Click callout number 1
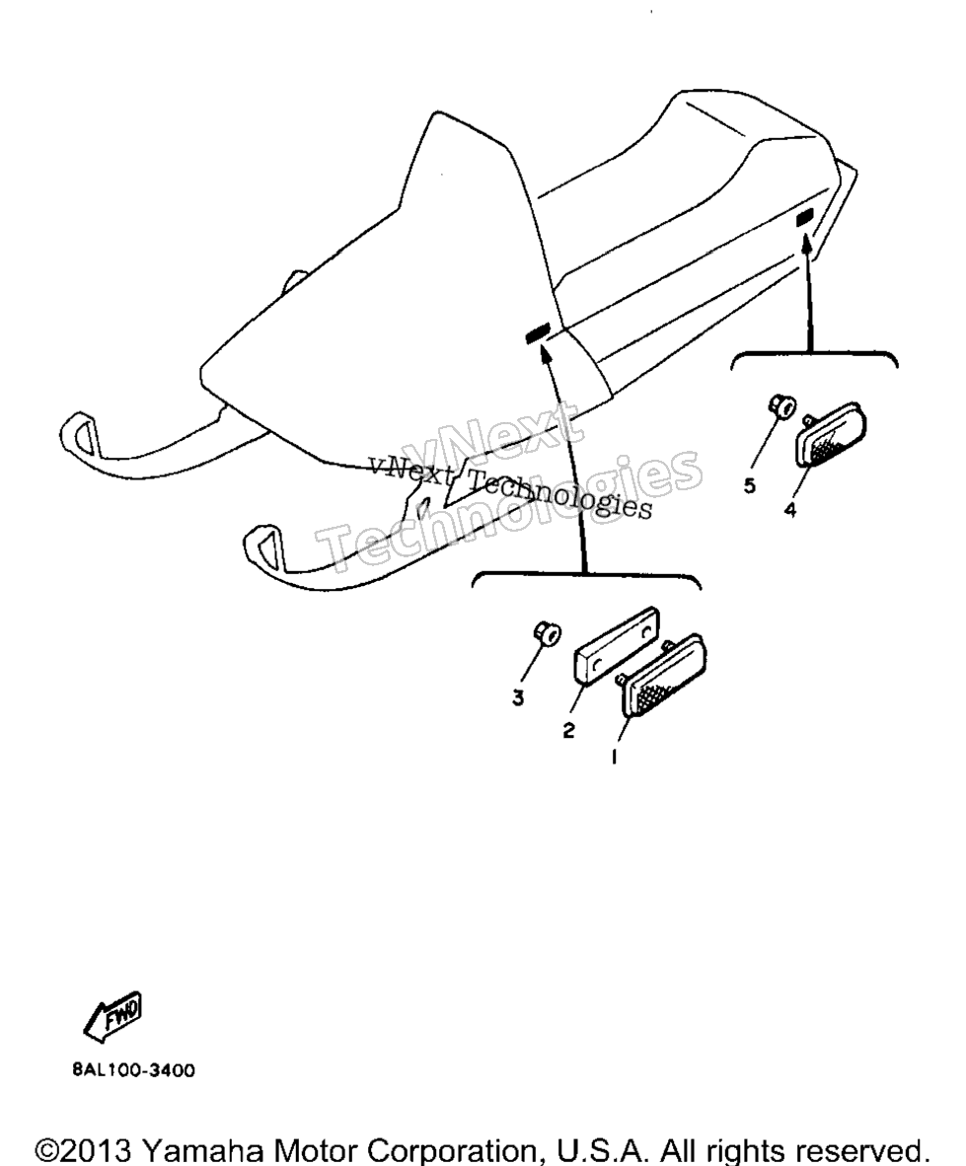(615, 757)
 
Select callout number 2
(569, 731)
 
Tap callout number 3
(518, 698)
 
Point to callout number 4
(789, 510)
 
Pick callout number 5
(750, 485)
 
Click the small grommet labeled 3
(547, 633)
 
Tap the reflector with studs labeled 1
(661, 675)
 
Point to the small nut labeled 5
(781, 406)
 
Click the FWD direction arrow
(112, 1015)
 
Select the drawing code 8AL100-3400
(134, 1070)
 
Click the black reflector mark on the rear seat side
(804, 218)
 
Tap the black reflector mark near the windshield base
(537, 333)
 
